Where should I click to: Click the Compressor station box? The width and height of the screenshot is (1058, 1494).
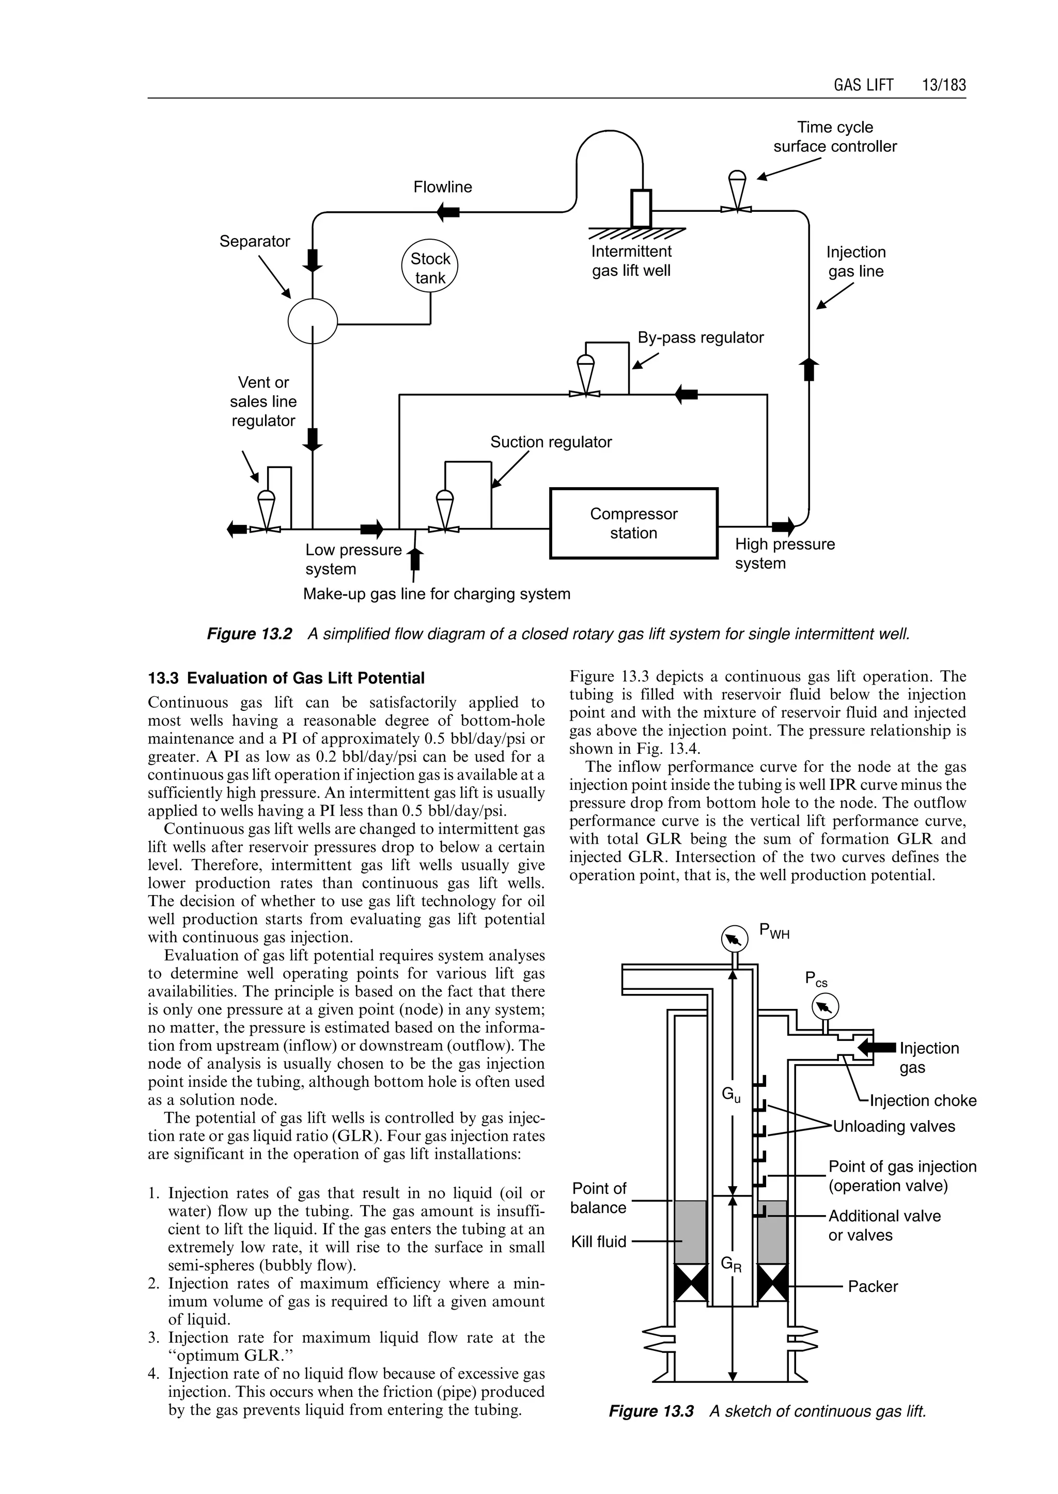pyautogui.click(x=633, y=523)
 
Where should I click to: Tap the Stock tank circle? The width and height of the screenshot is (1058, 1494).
pyautogui.click(x=429, y=268)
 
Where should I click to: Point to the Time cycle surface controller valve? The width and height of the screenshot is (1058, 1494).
pyautogui.click(x=736, y=192)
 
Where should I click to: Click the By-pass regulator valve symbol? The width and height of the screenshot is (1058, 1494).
pyautogui.click(x=585, y=377)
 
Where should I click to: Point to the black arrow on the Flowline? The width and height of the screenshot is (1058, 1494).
pyautogui.click(x=448, y=212)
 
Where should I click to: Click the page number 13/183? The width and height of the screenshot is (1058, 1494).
pyautogui.click(x=943, y=85)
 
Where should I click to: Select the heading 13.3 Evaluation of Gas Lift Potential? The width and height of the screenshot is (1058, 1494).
pyautogui.click(x=286, y=678)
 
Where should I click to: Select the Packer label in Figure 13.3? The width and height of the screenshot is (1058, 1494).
pyautogui.click(x=873, y=1287)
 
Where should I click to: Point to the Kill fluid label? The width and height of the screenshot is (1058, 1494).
pyautogui.click(x=598, y=1242)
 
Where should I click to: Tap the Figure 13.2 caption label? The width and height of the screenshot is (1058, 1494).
pyautogui.click(x=250, y=634)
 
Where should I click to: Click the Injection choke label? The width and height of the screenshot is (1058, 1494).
pyautogui.click(x=923, y=1100)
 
